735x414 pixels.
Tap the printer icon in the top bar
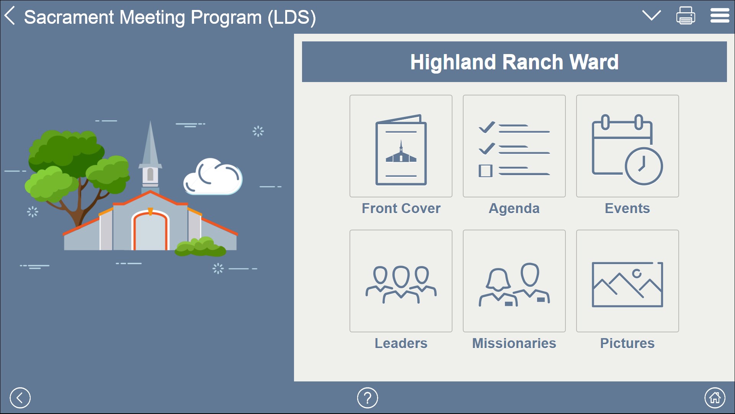pos(685,16)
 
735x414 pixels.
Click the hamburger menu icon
pos(720,16)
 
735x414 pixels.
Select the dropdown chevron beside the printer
pos(651,16)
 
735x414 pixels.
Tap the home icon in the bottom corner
pos(715,398)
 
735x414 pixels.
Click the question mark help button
pos(367,398)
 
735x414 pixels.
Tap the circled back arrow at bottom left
pos(20,398)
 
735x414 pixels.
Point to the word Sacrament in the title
pos(69,17)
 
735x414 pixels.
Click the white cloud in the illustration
pos(213,177)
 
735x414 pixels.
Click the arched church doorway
pos(150,232)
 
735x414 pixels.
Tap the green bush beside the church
pos(200,247)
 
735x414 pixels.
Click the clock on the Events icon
pos(644,166)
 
